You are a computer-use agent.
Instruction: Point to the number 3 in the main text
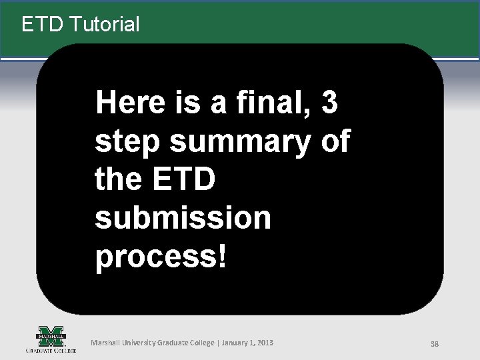coord(329,103)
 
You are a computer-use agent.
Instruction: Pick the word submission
coord(183,219)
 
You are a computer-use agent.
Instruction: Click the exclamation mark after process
coord(222,257)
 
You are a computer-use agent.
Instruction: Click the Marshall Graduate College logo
coord(51,339)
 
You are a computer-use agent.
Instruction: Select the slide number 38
coord(434,344)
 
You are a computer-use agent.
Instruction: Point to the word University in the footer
coord(138,343)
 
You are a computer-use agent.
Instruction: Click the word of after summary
coord(335,142)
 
